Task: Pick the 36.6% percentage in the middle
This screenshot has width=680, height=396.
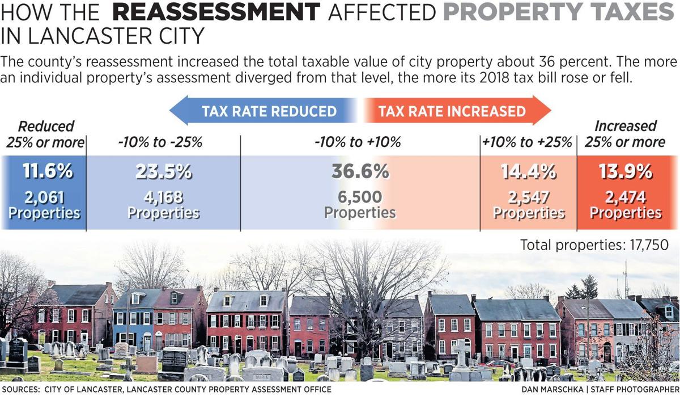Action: tap(359, 171)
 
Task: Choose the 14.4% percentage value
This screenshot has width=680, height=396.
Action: tap(528, 171)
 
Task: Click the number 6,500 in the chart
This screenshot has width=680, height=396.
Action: tap(359, 197)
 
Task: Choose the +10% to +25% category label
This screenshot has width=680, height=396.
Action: tap(527, 142)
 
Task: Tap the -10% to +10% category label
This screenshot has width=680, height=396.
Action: tap(358, 142)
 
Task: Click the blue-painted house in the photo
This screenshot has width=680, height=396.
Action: tap(130, 318)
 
